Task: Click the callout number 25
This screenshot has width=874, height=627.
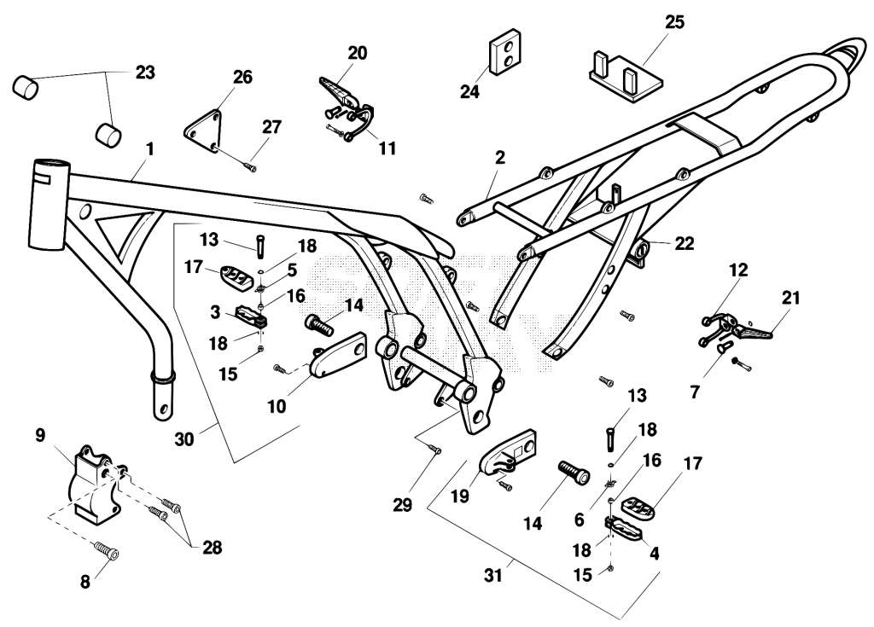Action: tap(674, 21)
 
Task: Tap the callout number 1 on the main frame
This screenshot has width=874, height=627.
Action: tap(149, 150)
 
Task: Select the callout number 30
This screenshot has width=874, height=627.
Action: tap(184, 439)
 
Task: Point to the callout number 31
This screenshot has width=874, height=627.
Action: tap(492, 575)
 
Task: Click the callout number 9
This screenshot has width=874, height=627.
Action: tap(40, 435)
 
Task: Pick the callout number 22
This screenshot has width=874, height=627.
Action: tap(685, 244)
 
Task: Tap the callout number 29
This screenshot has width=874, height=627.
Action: tap(403, 505)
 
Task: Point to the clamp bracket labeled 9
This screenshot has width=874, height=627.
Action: tap(95, 485)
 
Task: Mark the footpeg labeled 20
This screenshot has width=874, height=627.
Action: tap(339, 92)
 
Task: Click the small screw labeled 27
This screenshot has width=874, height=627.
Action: tap(250, 165)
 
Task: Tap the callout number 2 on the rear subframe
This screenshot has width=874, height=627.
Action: tap(500, 158)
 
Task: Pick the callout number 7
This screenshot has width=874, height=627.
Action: tap(695, 392)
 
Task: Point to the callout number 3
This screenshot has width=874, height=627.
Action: tap(215, 311)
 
